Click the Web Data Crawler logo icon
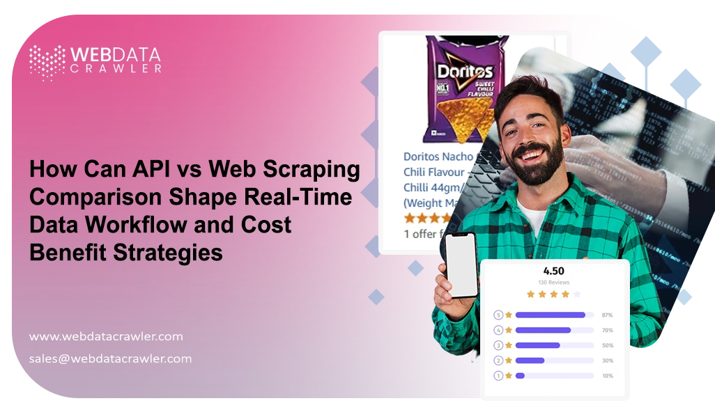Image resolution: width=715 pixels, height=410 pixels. [x=47, y=62]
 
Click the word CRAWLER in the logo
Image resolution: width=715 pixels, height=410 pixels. [x=115, y=68]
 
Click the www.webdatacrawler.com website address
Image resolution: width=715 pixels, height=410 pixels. [x=106, y=336]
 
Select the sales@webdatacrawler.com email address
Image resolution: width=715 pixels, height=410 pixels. [x=110, y=359]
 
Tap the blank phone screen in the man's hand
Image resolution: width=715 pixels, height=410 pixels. [x=461, y=265]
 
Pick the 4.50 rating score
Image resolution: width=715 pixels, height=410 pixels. [x=553, y=271]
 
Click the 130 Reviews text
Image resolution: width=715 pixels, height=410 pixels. [x=553, y=283]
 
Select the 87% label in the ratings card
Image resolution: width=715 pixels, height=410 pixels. [x=607, y=315]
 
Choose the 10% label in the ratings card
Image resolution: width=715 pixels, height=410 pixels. [x=607, y=376]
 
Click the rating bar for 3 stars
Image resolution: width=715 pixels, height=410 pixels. [x=554, y=345]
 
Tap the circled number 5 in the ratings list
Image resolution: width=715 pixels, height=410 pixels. [x=498, y=315]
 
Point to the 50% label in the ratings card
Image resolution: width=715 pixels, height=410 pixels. [x=607, y=345]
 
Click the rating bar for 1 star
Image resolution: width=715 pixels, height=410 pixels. [x=554, y=376]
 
